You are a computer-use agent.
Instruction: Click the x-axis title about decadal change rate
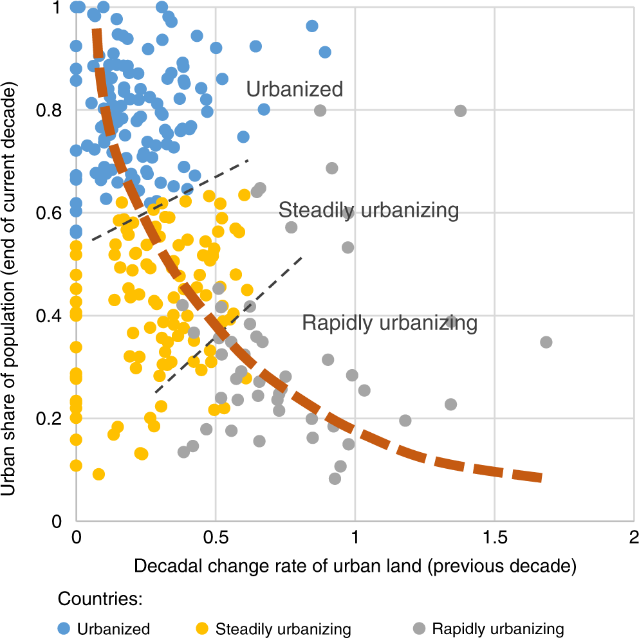coord(354,566)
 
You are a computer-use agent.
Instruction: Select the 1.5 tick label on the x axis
coord(494,538)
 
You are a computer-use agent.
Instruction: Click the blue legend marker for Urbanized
coord(65,628)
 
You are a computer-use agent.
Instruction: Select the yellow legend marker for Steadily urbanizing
coord(204,628)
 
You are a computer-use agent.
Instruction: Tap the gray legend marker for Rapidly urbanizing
coord(420,628)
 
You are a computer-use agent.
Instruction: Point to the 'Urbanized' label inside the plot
coord(295,89)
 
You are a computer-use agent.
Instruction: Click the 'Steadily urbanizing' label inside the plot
coord(368,210)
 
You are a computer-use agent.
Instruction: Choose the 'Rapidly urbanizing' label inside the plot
coord(389,322)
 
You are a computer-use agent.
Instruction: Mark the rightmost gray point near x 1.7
coord(546,342)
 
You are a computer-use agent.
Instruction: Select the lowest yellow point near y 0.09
coord(98,474)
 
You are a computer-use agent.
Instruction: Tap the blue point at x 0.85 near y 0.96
coord(312,26)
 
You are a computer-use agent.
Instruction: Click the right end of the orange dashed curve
coord(541,477)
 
